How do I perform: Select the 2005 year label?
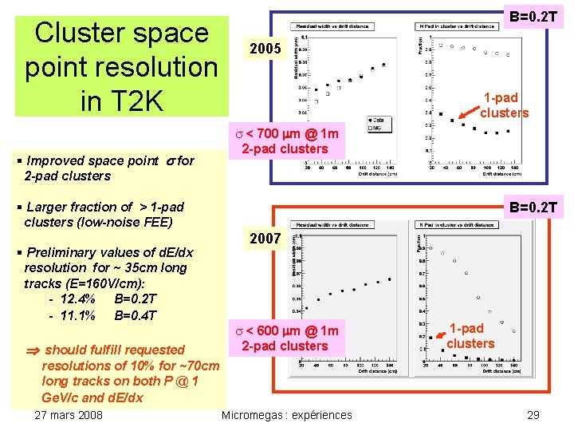265,49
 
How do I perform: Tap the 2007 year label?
265,239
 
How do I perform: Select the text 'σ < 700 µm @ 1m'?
285,132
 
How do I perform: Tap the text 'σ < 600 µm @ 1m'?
285,330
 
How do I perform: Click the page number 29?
533,415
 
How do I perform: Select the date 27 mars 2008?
69,415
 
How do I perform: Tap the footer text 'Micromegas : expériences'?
286,415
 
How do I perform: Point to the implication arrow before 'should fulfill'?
32,350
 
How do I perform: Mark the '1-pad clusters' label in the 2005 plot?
504,105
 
